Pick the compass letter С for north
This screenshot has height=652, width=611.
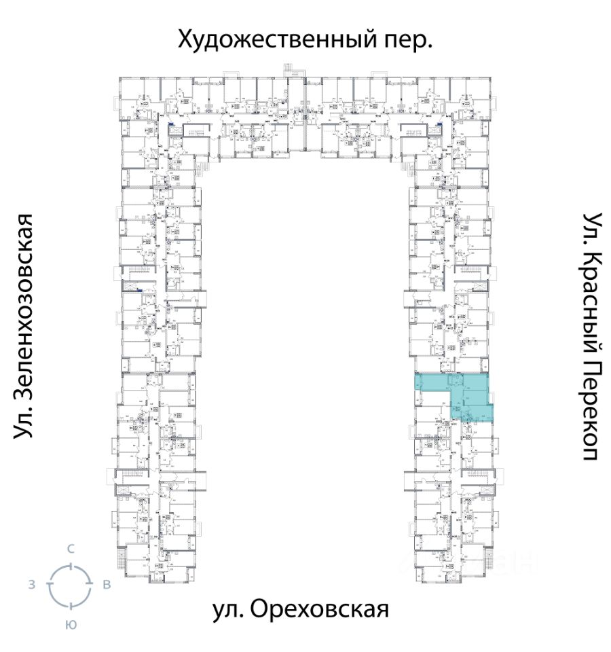coord(70,549)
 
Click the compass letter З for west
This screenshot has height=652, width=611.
coord(31,585)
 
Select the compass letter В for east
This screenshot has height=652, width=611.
coord(107,585)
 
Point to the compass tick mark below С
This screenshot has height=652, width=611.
coord(70,566)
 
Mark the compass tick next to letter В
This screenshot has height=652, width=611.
coord(89,585)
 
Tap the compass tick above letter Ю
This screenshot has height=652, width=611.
coord(70,604)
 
